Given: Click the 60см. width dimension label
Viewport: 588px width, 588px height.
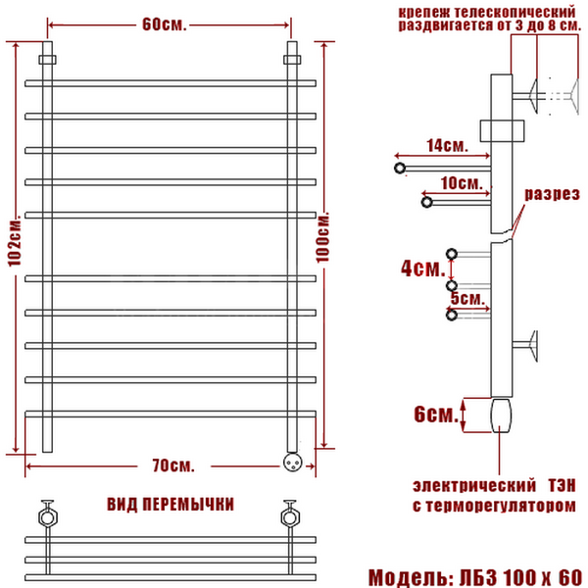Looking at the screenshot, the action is tap(165, 24).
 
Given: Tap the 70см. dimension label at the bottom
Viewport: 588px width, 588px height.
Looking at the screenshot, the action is tap(173, 465).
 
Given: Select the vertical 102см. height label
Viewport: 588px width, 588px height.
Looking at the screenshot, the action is tap(15, 241).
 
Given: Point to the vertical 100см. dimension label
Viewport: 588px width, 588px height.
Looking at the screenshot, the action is tap(322, 237).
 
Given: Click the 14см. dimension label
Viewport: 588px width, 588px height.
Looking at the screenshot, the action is tap(447, 145).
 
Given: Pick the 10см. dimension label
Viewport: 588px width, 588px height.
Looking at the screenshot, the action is tap(462, 183).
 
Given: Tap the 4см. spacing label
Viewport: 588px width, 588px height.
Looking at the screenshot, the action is tap(422, 269).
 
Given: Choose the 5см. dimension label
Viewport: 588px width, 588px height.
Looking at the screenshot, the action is tap(467, 299).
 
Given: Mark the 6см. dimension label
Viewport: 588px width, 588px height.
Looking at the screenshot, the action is tap(436, 414).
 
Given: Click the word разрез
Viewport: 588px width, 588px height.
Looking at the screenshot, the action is tap(552, 194).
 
